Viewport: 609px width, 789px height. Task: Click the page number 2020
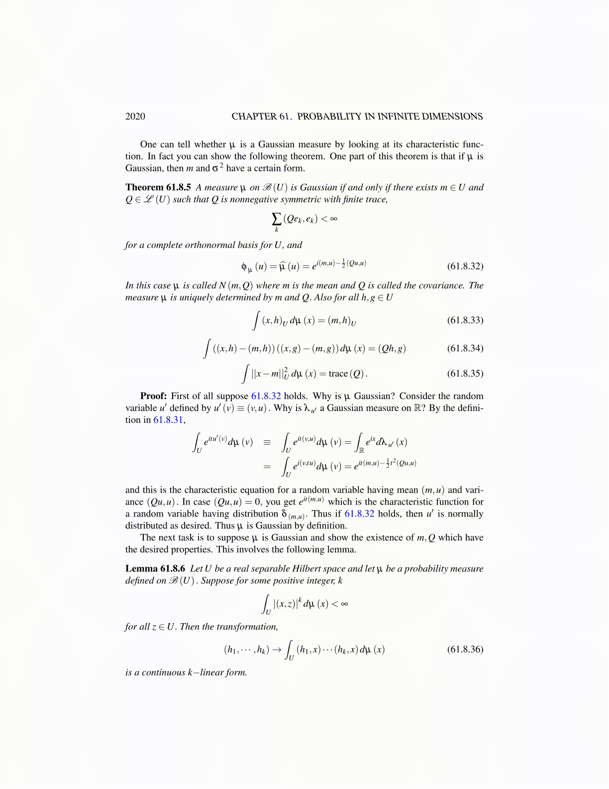[135, 117]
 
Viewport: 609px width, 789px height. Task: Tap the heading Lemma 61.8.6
[155, 568]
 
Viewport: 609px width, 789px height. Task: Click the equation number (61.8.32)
[465, 266]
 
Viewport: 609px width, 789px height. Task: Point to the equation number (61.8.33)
[465, 320]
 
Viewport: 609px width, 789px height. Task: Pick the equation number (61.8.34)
[465, 348]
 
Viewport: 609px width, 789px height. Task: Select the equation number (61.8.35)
[465, 373]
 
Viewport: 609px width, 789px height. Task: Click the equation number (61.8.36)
[465, 649]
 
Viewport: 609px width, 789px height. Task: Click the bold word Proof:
[153, 396]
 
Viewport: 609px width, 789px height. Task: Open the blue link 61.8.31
[169, 420]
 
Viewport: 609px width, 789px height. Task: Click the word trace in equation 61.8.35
[338, 374]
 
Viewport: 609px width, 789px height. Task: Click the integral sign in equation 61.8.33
[256, 320]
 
